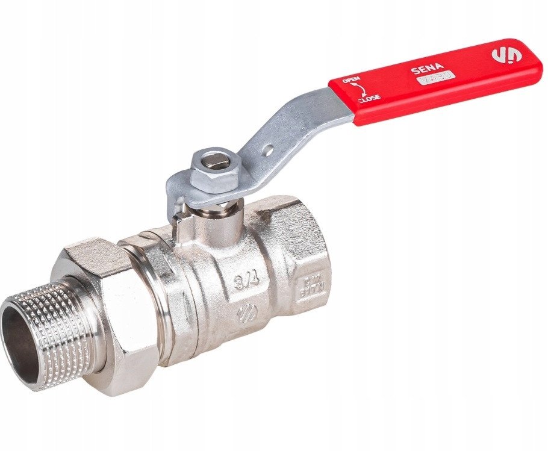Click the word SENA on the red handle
point(422,70)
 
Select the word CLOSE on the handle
point(369,99)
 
